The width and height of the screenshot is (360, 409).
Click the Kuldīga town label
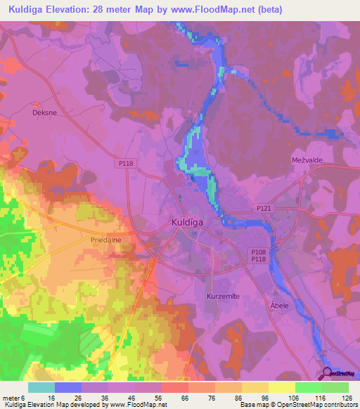pos(189,223)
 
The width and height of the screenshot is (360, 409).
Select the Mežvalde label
pos(307,160)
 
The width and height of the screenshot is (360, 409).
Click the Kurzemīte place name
pos(224,297)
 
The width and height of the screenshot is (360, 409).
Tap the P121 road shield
pos(263,208)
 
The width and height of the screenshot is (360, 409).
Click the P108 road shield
pos(259,251)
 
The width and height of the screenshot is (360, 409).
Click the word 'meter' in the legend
pos(11,397)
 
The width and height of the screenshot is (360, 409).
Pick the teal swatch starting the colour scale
pos(41,387)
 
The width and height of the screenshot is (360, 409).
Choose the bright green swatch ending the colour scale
pos(335,387)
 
